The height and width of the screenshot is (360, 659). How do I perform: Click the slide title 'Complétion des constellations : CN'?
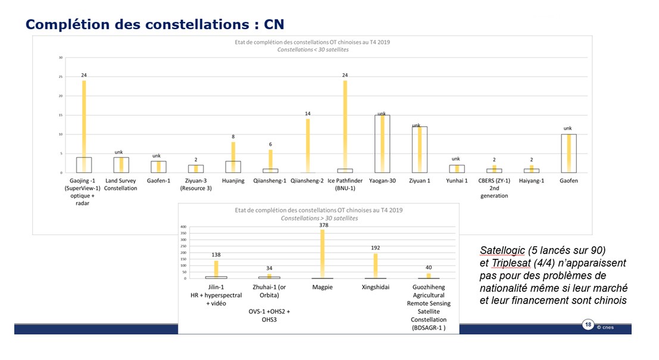155,24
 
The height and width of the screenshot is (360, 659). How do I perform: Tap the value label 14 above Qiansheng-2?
308,113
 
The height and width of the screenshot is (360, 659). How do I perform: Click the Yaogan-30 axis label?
382,181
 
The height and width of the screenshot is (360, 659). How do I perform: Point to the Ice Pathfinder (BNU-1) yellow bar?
345,125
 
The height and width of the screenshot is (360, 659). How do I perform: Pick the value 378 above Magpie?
322,225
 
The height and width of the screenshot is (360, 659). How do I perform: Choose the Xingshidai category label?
376,287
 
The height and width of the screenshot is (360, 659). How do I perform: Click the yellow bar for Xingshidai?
376,265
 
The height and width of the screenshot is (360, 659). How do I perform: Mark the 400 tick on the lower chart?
183,227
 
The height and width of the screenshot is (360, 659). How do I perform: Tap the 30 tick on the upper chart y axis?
60,58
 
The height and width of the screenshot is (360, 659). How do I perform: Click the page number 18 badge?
588,324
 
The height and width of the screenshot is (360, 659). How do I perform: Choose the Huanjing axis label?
233,181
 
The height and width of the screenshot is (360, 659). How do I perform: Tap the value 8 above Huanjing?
233,136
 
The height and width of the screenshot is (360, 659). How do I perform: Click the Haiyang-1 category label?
532,181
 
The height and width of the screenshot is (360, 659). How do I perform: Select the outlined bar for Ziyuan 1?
419,149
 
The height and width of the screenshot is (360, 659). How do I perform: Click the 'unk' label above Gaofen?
568,128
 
